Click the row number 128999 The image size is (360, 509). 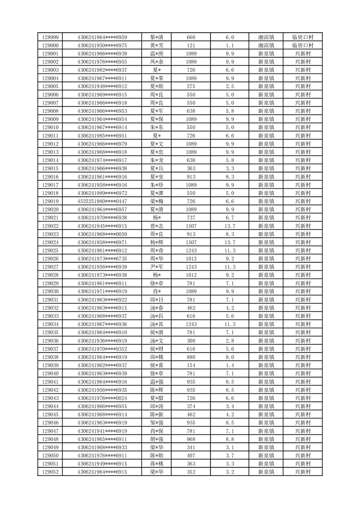pos(50,37)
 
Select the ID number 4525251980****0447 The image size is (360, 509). pos(102,201)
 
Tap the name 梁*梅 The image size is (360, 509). pos(157,201)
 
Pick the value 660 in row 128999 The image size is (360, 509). pos(191,37)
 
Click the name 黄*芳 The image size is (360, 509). pos(157,45)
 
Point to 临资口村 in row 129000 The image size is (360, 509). pos(303,45)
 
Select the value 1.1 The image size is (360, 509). pos(229,45)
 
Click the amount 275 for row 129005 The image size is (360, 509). pos(191,87)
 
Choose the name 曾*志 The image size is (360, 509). pos(157,226)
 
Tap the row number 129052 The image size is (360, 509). pos(50,472)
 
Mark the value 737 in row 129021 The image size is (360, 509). pos(191,218)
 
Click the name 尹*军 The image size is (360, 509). pos(157,267)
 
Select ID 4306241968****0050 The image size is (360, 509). pos(102,234)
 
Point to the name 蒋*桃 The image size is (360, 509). pos(157,464)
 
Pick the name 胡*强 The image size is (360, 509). pos(157,439)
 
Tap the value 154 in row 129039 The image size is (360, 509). pos(191,365)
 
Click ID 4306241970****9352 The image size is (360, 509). pos(102,349)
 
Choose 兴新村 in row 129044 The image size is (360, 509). pos(303,406)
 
